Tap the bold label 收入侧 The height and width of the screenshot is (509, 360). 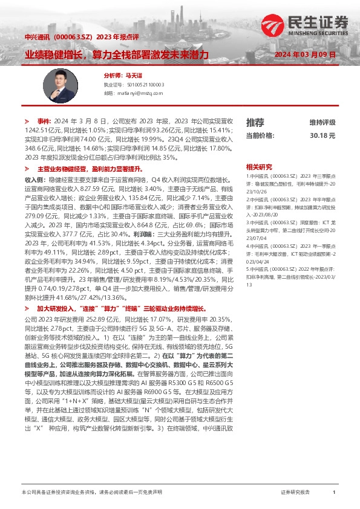pos(34,180)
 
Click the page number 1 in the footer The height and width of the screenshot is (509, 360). pos(334,493)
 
